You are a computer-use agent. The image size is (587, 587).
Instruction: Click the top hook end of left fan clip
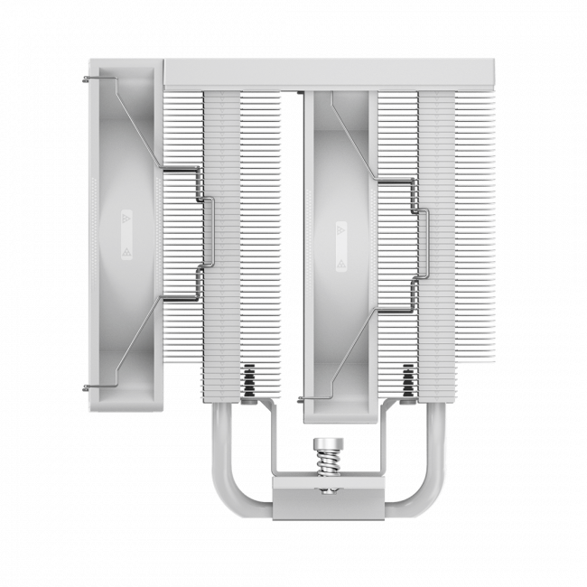point(87,79)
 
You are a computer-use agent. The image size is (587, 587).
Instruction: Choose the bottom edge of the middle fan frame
point(340,419)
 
